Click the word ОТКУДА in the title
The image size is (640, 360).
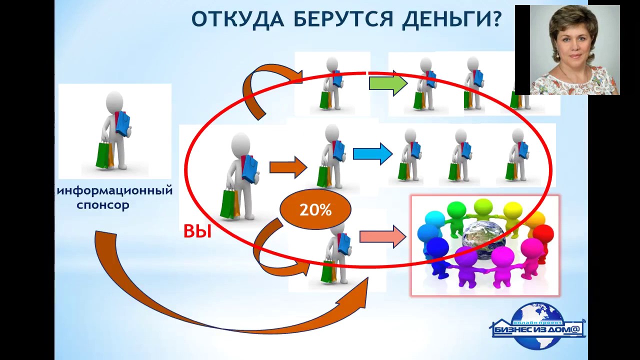pos(237,19)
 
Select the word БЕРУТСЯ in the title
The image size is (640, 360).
pos(339,19)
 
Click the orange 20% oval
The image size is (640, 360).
pos(315,210)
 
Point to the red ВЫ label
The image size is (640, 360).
pos(197,231)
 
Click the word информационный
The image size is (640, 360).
pos(115,190)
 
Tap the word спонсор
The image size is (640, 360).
pos(103,205)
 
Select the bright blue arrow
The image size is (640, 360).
pos(372,153)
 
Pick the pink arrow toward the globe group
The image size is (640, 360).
pos(382,236)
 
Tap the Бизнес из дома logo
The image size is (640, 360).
pos(537,326)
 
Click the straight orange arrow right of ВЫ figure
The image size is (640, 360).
pos(288,167)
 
